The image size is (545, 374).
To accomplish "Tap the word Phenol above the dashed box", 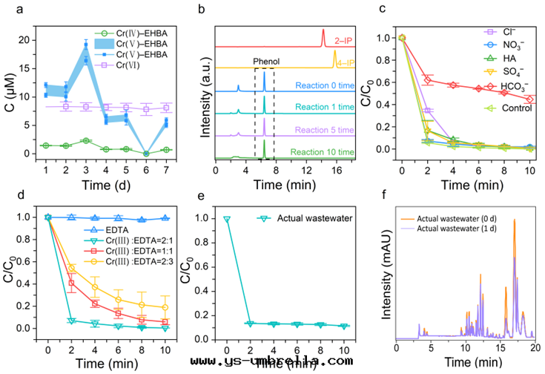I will (268, 62).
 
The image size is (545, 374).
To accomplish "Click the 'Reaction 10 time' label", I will (314, 151).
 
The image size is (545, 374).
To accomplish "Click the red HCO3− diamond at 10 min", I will (529, 99).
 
